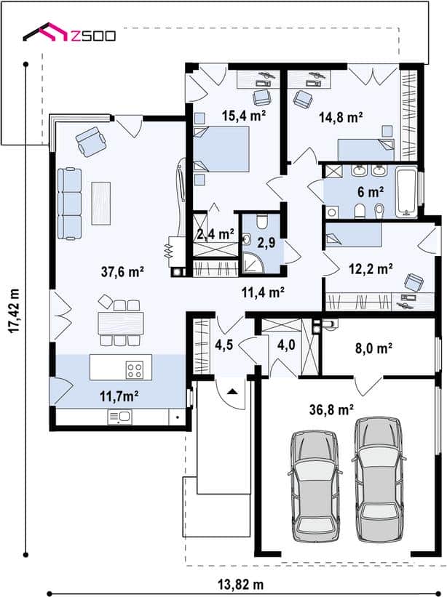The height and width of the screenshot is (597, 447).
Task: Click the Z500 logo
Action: [x=69, y=33]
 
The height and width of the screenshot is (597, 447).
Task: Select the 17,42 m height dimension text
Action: [x=14, y=311]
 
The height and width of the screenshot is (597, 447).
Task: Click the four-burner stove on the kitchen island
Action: [x=135, y=369]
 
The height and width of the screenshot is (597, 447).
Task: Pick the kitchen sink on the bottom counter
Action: [x=119, y=417]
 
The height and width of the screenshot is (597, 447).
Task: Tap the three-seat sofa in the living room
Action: [x=69, y=204]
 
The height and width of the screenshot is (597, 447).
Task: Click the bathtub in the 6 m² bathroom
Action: [x=407, y=192]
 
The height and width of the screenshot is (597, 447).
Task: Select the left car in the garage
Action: [x=314, y=486]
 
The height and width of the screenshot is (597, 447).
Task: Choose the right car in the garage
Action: [x=379, y=480]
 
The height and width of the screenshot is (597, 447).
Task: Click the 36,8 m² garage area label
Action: [x=331, y=410]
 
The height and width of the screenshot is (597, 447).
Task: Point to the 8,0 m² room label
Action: [x=373, y=348]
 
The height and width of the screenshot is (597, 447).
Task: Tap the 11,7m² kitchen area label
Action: [x=119, y=397]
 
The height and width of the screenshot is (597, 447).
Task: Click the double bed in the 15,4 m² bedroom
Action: [x=221, y=149]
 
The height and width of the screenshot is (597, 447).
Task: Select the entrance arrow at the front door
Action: [x=232, y=392]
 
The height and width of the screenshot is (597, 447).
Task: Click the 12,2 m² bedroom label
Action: [x=371, y=269]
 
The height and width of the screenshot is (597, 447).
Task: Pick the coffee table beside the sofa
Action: [x=101, y=204]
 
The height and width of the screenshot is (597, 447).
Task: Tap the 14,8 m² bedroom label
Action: [x=340, y=117]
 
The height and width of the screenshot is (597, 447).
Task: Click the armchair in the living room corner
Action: [x=91, y=141]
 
